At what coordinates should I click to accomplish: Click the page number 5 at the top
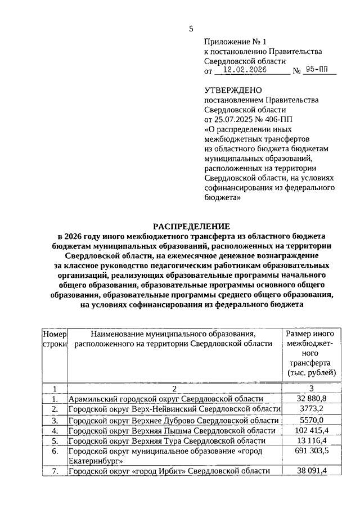point(191,29)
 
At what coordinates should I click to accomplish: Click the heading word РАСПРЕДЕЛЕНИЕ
point(191,224)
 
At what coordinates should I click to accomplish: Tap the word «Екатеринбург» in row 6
point(95,460)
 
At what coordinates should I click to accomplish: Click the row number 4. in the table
point(55,430)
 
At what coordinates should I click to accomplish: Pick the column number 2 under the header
point(174,388)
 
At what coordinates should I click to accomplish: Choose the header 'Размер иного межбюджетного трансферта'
point(311,353)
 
